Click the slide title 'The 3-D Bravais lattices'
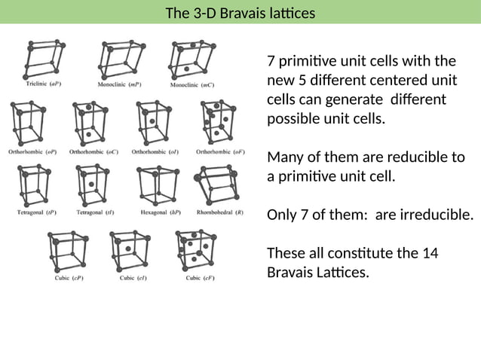point(240,13)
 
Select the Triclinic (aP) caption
point(44,84)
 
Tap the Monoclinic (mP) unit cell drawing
point(121,59)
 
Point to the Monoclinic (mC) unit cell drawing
point(191,59)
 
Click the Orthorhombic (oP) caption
point(32,151)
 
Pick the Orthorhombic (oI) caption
point(155,151)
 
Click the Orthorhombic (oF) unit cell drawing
point(219,121)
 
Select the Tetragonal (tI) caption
point(95,213)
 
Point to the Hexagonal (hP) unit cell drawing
point(156,185)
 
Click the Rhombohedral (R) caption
point(219,213)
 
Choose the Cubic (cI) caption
point(133,278)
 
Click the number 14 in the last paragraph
point(430,252)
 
